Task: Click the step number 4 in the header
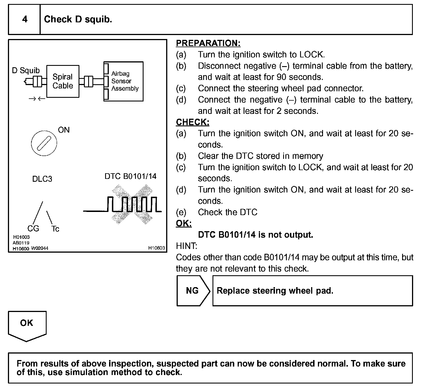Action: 25,19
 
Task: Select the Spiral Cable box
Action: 63,81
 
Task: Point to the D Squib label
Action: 26,70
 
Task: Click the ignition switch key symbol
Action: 44,143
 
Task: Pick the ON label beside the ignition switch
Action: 64,130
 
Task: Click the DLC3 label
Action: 42,179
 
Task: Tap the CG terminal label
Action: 33,228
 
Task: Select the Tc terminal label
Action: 55,229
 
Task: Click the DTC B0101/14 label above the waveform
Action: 130,176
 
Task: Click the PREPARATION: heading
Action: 208,43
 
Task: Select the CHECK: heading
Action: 193,122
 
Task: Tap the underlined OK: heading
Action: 184,223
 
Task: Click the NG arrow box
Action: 193,291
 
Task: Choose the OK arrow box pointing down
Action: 27,325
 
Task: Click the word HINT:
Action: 187,246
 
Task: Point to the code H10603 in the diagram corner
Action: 157,248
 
